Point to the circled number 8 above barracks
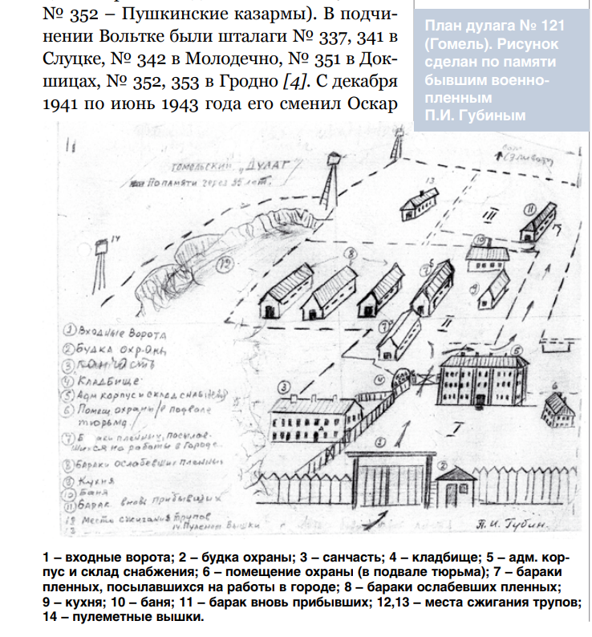[x=349, y=254]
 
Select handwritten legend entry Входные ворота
[x=116, y=331]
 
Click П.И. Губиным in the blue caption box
[x=476, y=115]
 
